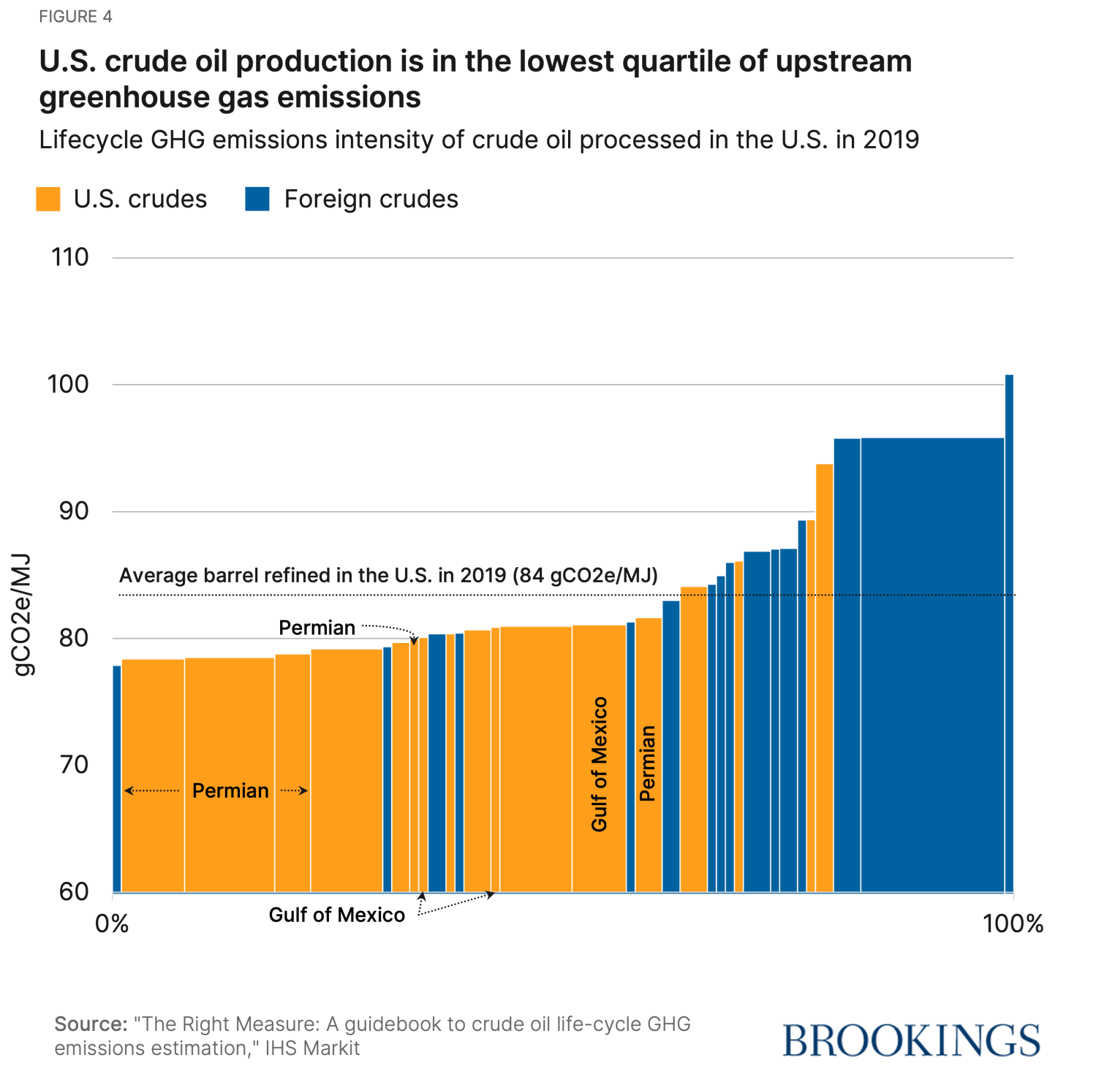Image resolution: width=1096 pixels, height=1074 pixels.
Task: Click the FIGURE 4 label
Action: [75, 17]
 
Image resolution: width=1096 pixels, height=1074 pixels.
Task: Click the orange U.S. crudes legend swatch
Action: [48, 199]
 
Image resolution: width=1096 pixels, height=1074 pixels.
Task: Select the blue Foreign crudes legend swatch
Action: [257, 199]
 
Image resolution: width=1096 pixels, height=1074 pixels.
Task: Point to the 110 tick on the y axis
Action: [70, 257]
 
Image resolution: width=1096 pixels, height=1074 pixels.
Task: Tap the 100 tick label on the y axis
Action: [69, 384]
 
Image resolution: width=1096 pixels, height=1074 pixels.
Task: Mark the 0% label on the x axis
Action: [112, 924]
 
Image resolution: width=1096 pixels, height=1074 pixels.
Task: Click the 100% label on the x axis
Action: [1013, 924]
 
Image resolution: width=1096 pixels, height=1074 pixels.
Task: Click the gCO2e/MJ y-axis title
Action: [23, 614]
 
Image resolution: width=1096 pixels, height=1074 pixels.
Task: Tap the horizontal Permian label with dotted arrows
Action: [230, 791]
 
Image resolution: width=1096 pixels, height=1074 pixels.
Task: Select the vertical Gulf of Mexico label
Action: [600, 763]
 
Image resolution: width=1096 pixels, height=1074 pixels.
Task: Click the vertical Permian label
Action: [647, 763]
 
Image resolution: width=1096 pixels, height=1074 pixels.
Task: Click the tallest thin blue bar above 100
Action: [1009, 628]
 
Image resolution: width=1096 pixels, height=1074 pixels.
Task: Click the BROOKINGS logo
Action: [911, 1040]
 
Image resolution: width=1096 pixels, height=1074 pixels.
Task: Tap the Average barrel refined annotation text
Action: [388, 576]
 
